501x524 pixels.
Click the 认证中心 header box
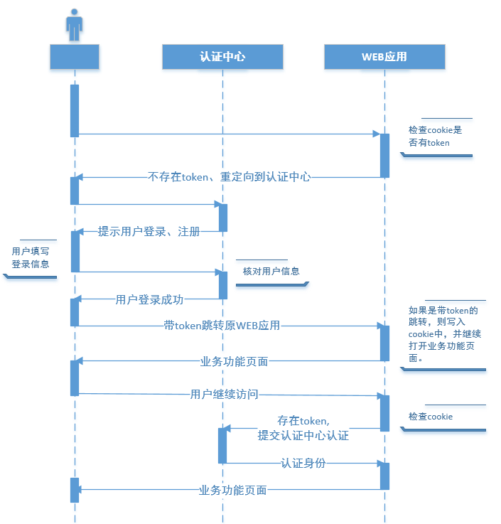[222, 57]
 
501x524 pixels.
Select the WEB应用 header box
[384, 57]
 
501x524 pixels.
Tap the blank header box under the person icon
[75, 57]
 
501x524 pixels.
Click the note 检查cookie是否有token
[436, 137]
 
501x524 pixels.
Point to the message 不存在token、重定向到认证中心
[230, 177]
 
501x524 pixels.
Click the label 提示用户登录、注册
[149, 232]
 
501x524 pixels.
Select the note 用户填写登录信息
[31, 258]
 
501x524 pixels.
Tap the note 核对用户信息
[271, 271]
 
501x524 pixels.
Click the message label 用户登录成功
[149, 299]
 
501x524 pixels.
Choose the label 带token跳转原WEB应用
[222, 326]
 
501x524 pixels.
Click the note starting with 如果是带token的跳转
[443, 334]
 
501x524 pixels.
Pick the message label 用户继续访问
[224, 394]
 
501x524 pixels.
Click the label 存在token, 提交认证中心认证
[303, 429]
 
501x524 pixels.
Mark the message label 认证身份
[303, 463]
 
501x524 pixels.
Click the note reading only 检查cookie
[431, 417]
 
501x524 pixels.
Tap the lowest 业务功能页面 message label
[233, 490]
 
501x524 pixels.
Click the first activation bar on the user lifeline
[75, 110]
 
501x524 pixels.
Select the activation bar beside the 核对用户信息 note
[222, 284]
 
